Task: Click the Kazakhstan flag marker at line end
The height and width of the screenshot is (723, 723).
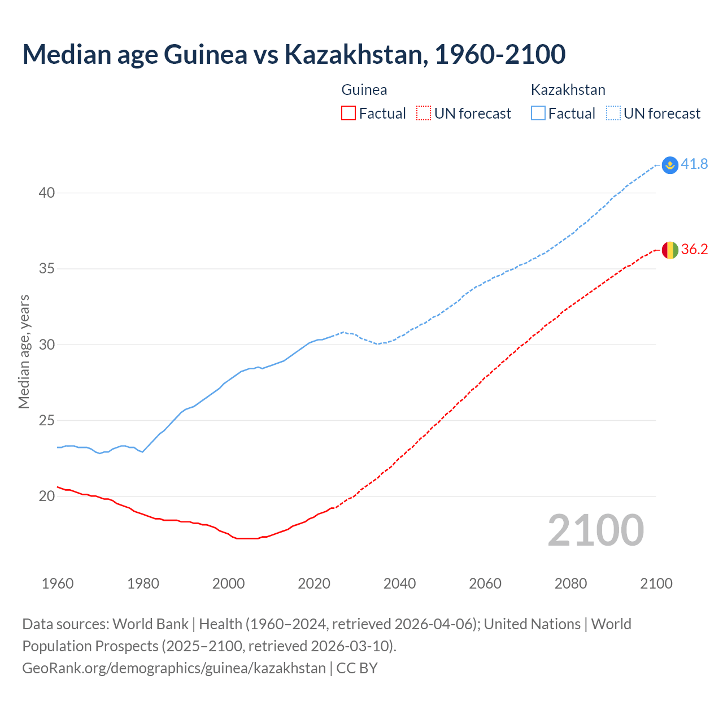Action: (670, 165)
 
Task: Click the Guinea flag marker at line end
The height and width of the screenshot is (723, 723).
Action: (670, 250)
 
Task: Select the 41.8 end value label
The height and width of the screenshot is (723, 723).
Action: (694, 164)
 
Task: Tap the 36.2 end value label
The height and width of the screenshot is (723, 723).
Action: (694, 250)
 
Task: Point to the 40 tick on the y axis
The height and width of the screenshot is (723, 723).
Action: (47, 193)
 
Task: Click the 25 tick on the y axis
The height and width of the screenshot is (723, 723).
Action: (47, 421)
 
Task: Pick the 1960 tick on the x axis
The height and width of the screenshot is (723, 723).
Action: (58, 583)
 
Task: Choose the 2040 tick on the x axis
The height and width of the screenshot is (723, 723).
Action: (399, 583)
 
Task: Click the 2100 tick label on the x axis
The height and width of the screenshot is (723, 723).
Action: (656, 583)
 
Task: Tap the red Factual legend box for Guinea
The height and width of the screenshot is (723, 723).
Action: (349, 114)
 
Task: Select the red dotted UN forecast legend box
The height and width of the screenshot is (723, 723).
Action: (424, 114)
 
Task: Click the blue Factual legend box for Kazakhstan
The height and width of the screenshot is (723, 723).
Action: (538, 114)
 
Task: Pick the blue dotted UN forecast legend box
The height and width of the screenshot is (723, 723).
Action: (613, 114)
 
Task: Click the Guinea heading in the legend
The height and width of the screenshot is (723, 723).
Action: (364, 90)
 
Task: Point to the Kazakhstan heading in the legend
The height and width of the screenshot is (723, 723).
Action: (568, 90)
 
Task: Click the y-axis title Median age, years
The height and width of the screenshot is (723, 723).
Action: (24, 351)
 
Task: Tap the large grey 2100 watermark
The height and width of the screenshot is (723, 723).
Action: (595, 530)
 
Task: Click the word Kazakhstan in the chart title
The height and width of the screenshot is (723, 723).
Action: (355, 55)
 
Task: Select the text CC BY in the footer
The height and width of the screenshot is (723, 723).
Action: (357, 668)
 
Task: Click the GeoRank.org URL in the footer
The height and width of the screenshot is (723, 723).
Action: (174, 668)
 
